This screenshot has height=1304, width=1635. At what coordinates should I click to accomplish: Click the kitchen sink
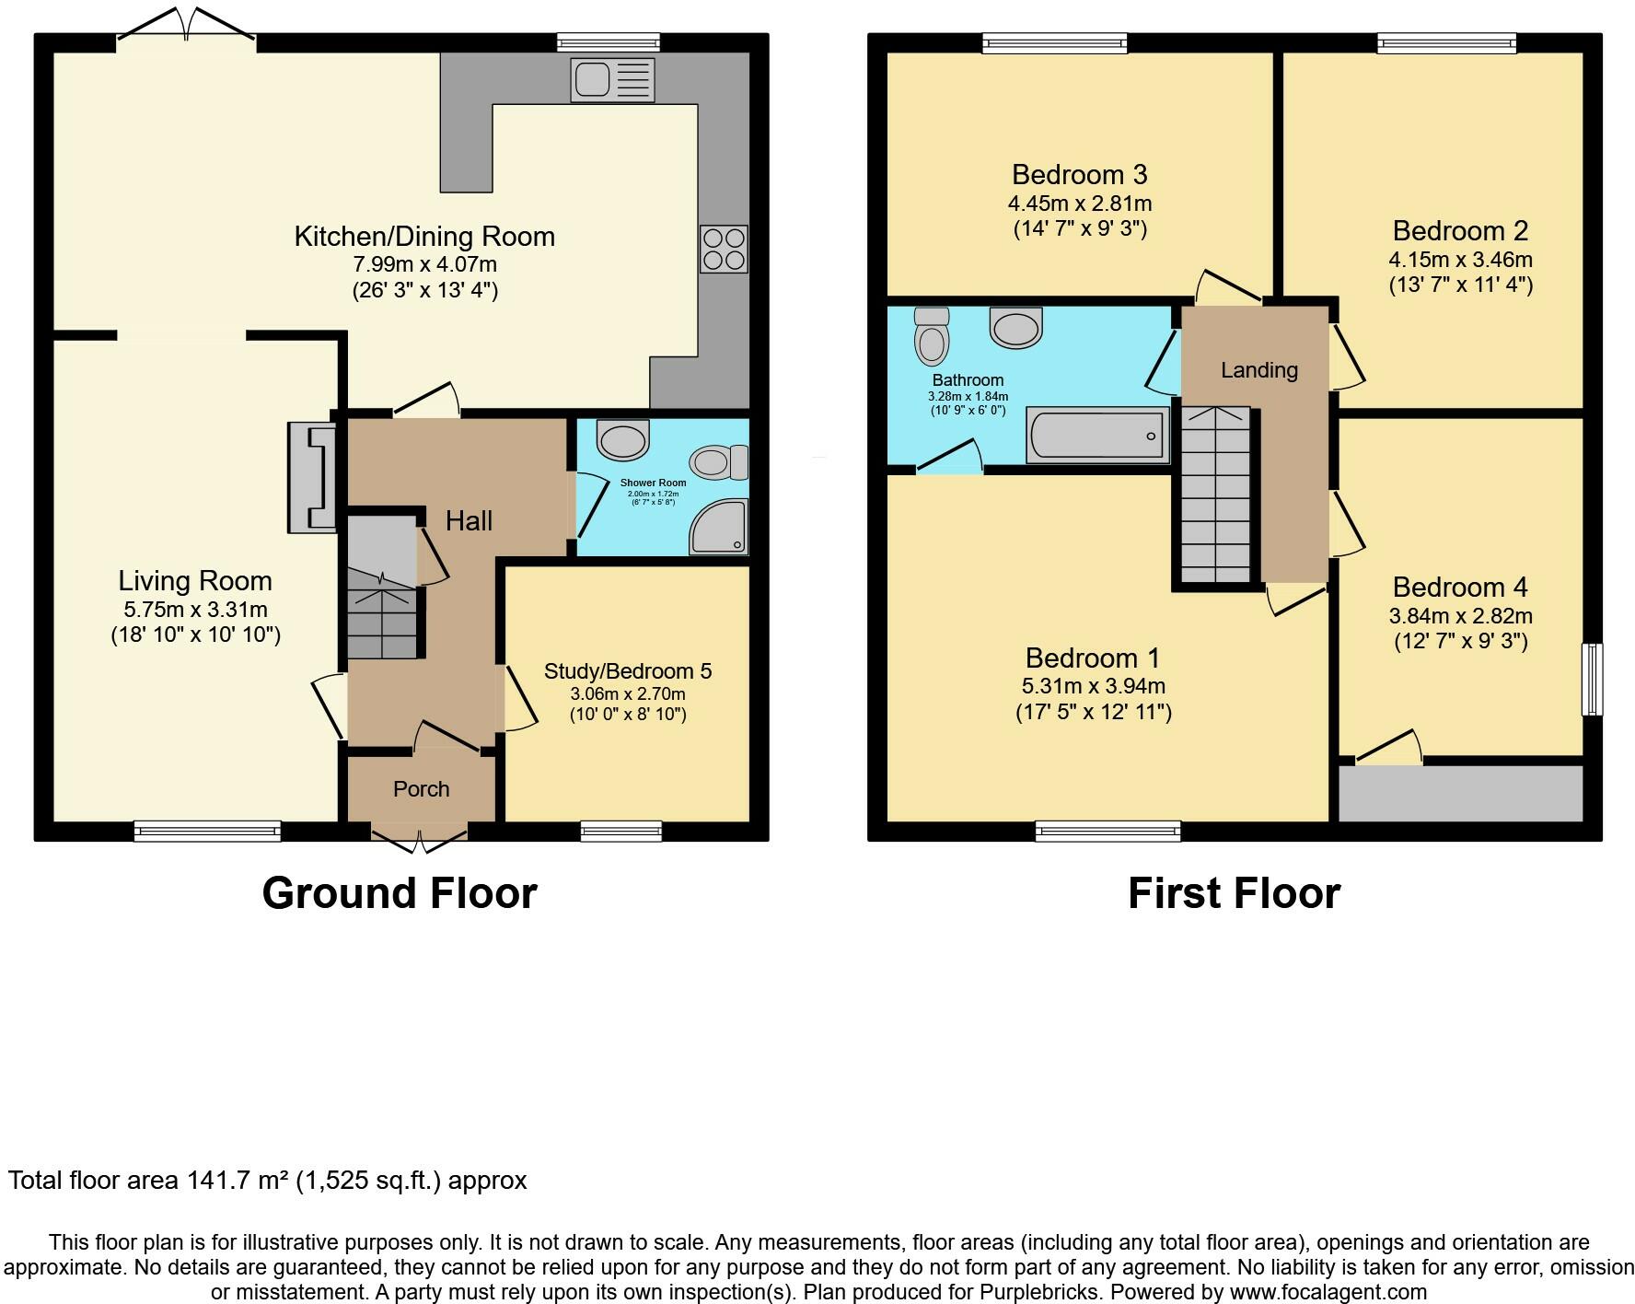(612, 78)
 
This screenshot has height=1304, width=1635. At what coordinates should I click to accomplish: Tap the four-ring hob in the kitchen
(724, 249)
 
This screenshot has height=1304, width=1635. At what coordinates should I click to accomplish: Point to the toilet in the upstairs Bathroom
(932, 335)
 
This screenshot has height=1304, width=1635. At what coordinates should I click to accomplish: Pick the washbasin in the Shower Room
(623, 439)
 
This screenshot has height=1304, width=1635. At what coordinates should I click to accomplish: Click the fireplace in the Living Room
(312, 477)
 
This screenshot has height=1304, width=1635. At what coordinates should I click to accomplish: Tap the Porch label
(422, 789)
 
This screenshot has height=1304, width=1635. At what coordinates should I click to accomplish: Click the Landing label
(1259, 370)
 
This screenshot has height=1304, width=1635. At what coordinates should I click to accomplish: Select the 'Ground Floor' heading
(400, 893)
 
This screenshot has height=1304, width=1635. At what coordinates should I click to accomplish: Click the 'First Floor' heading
(1235, 893)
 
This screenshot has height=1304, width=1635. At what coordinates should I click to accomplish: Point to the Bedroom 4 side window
(1593, 679)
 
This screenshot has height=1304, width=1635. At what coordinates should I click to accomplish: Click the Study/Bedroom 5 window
(621, 831)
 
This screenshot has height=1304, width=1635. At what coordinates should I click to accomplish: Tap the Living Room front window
(207, 831)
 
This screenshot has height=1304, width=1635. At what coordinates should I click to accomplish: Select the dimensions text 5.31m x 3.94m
(1094, 686)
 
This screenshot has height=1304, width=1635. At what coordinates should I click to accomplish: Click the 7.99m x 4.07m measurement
(424, 264)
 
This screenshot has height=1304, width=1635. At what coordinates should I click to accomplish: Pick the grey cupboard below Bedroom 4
(1460, 793)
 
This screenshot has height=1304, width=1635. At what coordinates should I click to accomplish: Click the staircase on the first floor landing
(1215, 495)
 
